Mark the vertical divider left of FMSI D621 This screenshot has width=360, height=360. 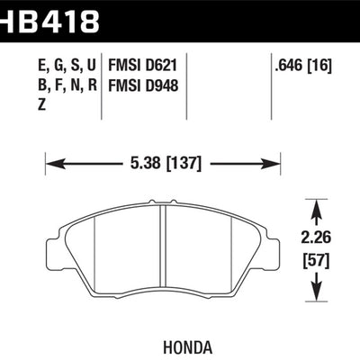tap(102, 85)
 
